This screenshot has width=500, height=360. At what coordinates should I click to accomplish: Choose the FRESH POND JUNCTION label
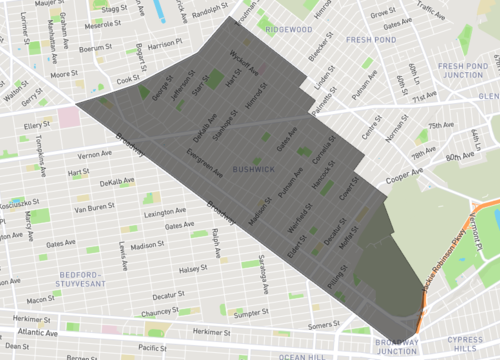coord(461,72)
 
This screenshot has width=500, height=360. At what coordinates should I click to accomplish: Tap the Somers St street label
coord(324,324)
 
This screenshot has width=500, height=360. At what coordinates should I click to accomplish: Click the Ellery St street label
coord(37,125)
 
